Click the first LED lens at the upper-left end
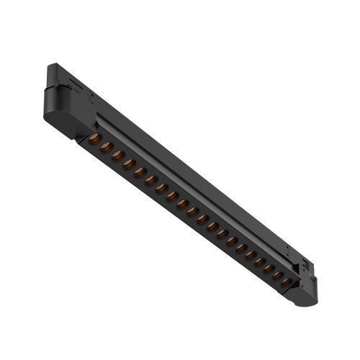(x=94, y=138)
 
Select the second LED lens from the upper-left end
(x=106, y=147)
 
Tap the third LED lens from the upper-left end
(x=117, y=156)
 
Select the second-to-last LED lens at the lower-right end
(x=276, y=274)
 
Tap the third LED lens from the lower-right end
(x=266, y=267)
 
